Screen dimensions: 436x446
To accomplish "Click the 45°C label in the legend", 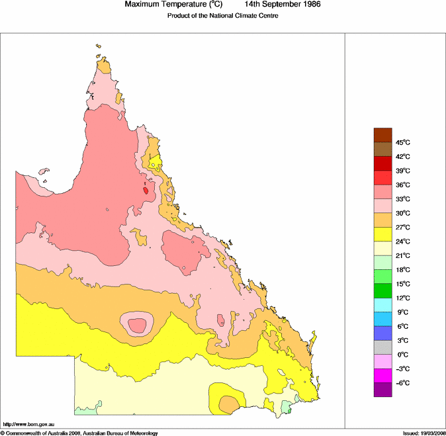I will click(x=403, y=143).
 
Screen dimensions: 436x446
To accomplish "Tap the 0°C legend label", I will click(x=402, y=355).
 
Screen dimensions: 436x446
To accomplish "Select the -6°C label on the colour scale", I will click(x=403, y=383).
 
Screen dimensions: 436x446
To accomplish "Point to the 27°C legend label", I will click(x=403, y=228).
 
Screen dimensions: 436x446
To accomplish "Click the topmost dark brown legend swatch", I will click(x=383, y=135).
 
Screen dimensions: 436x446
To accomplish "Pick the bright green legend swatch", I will click(x=383, y=276).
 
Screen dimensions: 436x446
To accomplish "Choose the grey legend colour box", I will click(x=383, y=347).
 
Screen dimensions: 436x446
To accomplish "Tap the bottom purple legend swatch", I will click(x=383, y=389).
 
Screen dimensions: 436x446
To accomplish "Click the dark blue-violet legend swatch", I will click(x=383, y=333).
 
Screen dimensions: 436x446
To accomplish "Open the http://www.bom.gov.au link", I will click(x=28, y=423).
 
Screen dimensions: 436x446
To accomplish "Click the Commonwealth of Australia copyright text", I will click(x=79, y=433).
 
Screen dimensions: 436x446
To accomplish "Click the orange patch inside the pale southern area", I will click(x=230, y=403).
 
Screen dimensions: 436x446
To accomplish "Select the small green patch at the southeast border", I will click(x=287, y=408).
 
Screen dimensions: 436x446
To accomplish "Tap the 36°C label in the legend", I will click(x=403, y=185).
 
